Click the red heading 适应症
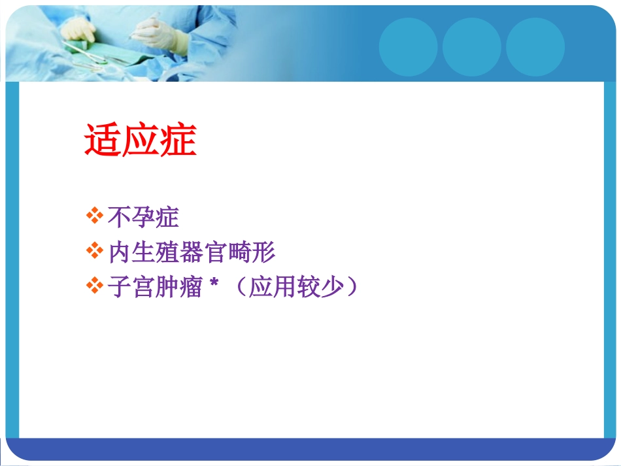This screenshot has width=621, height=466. tap(141, 141)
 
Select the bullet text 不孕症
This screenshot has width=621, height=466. tap(143, 218)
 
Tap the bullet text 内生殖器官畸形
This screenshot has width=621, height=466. tap(192, 252)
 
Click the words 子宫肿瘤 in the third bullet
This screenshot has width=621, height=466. tap(155, 288)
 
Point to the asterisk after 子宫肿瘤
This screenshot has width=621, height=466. tap(213, 284)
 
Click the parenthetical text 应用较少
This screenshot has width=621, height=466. tap(296, 288)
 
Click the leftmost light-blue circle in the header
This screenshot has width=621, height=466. tap(409, 46)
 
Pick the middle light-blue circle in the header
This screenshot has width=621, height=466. tap(472, 46)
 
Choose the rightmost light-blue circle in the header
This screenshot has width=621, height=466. tap(535, 46)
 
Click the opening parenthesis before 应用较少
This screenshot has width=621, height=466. tap(238, 288)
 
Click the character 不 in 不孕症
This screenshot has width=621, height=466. tap(120, 218)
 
